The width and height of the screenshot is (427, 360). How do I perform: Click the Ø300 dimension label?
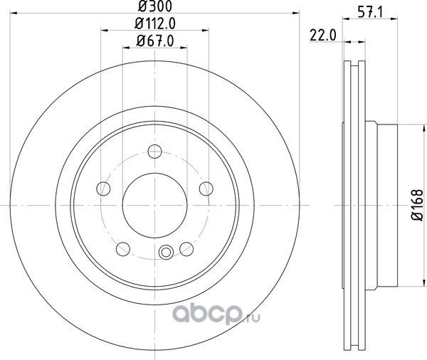coord(155,6)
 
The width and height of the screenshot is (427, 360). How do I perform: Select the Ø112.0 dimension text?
coord(155,24)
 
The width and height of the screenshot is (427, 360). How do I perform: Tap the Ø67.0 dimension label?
coord(155,41)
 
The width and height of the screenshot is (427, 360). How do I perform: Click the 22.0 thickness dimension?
coord(323,36)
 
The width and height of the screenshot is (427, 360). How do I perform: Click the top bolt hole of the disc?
coord(154,152)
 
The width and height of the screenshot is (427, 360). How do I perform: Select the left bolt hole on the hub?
coord(103,189)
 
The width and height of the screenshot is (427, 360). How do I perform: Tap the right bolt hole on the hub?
coord(206,189)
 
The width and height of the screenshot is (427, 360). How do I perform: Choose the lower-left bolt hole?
coord(123,249)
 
